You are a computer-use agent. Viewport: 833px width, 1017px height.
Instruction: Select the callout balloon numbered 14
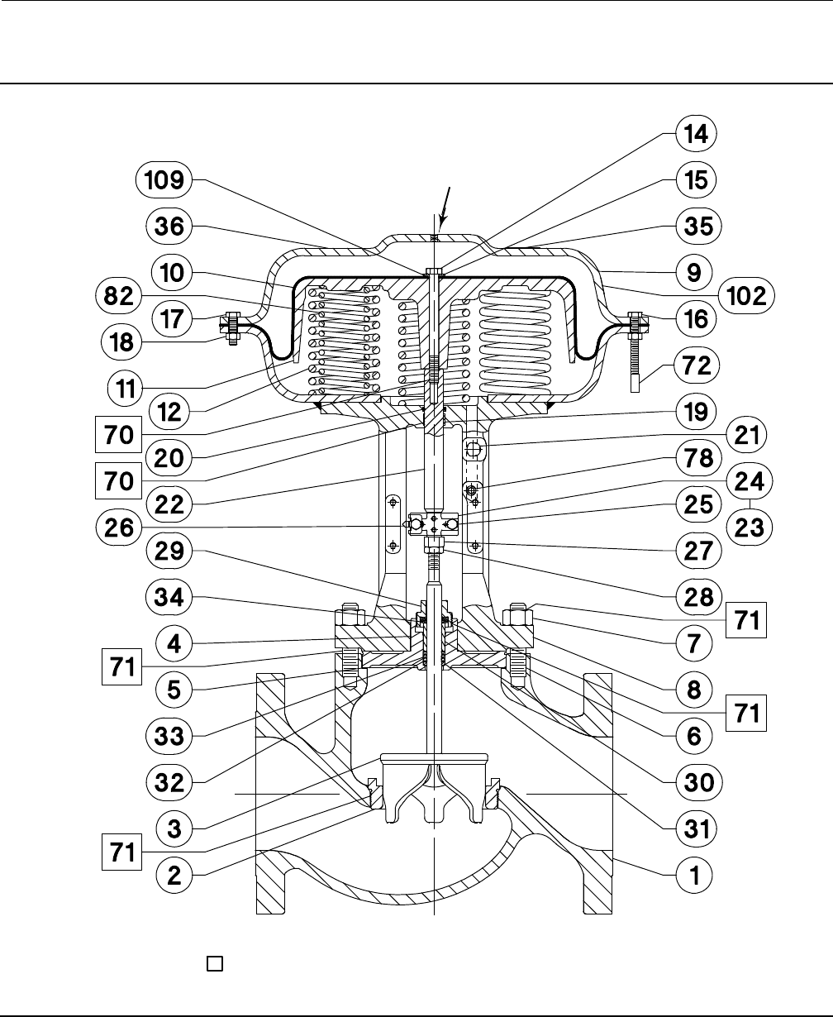click(695, 133)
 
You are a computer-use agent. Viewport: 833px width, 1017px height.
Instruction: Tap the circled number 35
click(695, 225)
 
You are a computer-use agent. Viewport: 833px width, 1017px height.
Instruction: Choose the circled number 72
click(695, 364)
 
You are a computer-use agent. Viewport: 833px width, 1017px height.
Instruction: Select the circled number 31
click(695, 827)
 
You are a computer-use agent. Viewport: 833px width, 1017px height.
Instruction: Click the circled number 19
click(695, 410)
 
